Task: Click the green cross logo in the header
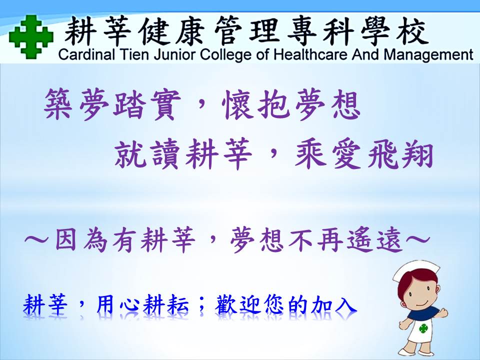coord(31,36)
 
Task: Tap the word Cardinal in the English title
coord(86,55)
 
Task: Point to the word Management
coord(428,55)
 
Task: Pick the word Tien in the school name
coord(134,55)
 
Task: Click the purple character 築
coord(58,104)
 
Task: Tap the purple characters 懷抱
coord(255,104)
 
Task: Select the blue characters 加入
coord(333,305)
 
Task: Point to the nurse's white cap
coord(416,270)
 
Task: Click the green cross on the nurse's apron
coord(423,328)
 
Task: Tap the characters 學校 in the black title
coord(394,31)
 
